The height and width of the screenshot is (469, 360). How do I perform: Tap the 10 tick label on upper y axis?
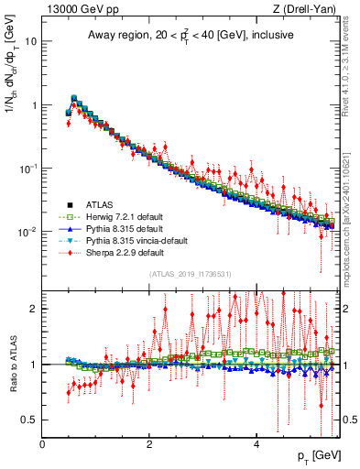[31, 42]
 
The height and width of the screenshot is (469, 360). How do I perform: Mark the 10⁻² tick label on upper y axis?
[27, 232]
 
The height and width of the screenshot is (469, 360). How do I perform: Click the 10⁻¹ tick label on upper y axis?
[27, 169]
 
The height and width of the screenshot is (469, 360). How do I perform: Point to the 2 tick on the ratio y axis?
[34, 309]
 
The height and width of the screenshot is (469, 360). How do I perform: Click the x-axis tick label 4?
[256, 444]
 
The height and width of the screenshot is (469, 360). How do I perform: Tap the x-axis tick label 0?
[42, 444]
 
